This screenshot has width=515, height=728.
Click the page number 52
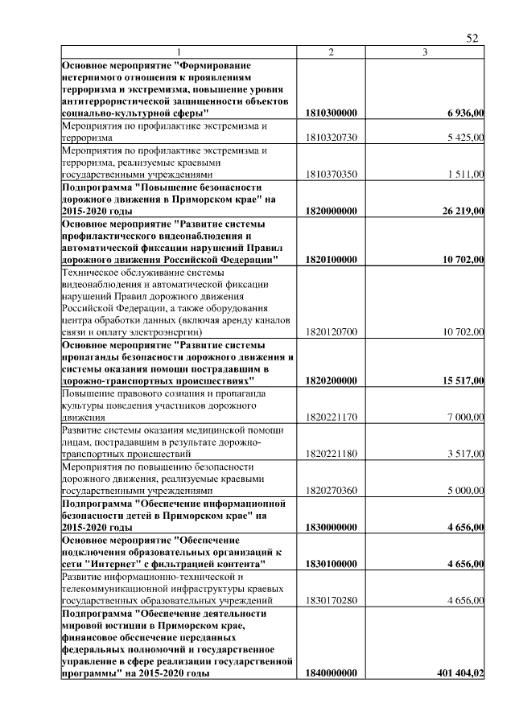[472, 37]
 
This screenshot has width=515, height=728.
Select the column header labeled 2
[331, 52]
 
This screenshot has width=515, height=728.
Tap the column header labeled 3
[425, 52]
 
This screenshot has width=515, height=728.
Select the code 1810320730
[331, 138]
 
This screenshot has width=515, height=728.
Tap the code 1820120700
[331, 331]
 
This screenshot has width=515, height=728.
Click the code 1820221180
[331, 454]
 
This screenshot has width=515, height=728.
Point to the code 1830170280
[331, 600]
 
